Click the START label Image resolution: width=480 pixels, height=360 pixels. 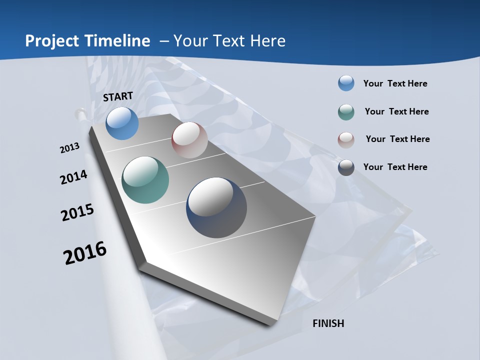coord(118,96)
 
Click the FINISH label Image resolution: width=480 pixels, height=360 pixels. coord(328,323)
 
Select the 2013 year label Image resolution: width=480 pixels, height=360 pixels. coord(70,148)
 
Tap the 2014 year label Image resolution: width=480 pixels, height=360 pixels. coord(74,177)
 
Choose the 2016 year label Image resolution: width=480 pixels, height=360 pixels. coord(85,253)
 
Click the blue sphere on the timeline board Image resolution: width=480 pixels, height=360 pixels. coord(122,123)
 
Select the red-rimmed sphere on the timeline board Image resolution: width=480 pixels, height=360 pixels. coord(189,140)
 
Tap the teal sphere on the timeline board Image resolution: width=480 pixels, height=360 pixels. coord(145,180)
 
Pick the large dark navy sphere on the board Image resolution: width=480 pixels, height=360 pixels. coord(216,207)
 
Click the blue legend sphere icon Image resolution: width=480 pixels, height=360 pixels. coord(346,83)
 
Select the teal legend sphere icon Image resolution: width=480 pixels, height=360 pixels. coord(346,112)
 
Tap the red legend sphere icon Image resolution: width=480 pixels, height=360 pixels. coord(346,139)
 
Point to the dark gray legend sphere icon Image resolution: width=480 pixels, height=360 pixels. coord(346,167)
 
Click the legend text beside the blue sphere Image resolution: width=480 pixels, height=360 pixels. coord(395,83)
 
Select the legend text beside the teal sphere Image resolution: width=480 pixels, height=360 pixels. coord(396,111)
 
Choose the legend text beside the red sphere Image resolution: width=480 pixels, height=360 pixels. coord(397,139)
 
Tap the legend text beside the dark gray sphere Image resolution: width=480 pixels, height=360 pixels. coord(395,167)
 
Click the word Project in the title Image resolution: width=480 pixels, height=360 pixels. coord(51,41)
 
